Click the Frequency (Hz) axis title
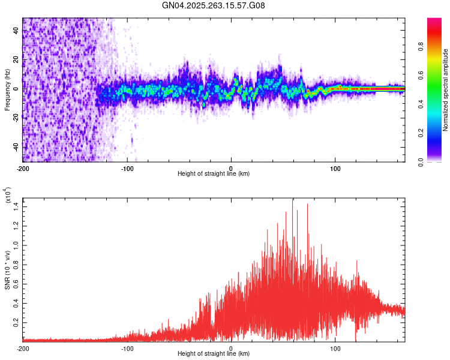point(7,90)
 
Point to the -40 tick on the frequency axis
point(15,147)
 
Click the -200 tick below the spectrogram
point(23,168)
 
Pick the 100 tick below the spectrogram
point(335,168)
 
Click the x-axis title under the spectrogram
point(214,174)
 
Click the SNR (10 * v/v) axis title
point(8,270)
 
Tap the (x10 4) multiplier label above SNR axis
point(8,196)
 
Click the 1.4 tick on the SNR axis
point(16,206)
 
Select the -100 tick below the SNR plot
point(127,348)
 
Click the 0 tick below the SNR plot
point(232,348)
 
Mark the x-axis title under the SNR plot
point(214,354)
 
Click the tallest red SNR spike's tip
point(293,199)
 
